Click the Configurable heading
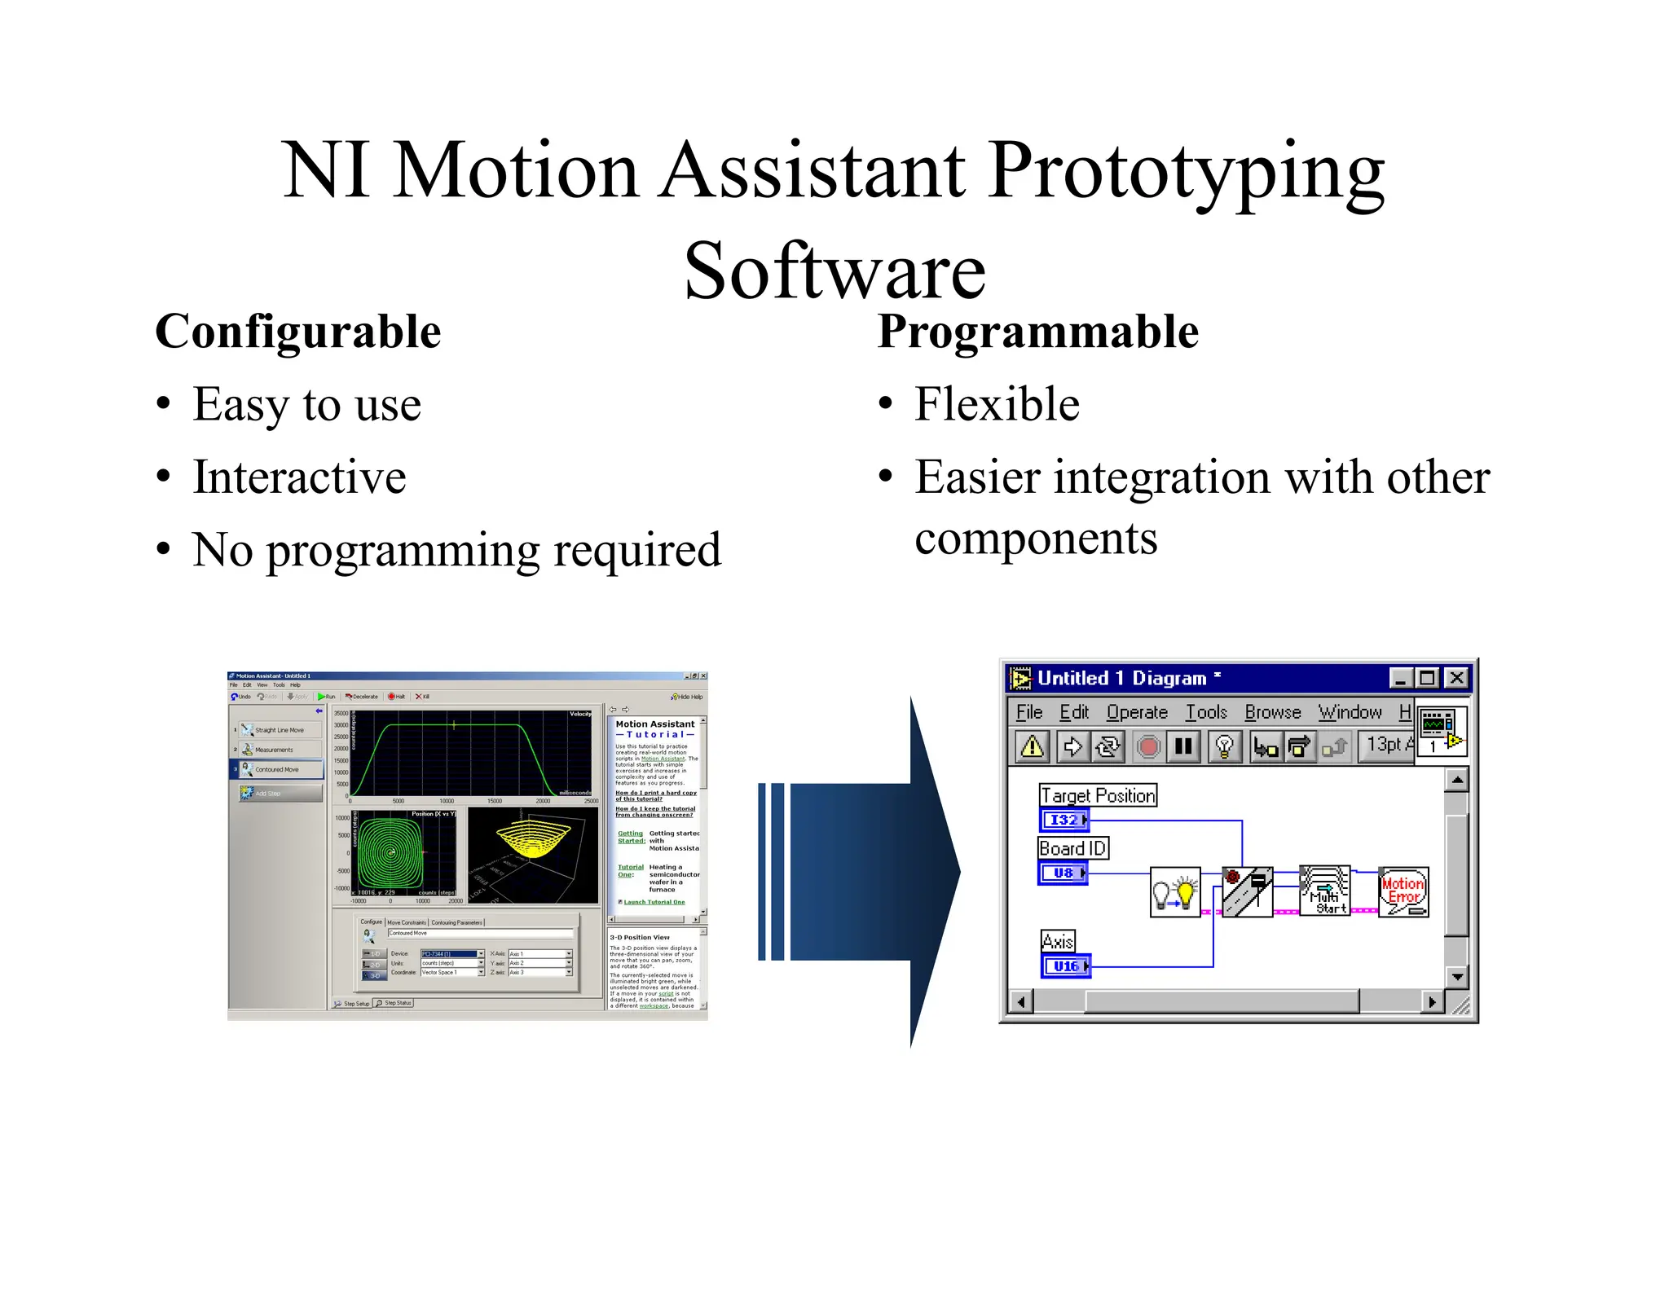297,332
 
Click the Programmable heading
1037,332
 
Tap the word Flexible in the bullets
996,404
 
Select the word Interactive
299,477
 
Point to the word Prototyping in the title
1187,171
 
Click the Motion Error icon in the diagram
1403,892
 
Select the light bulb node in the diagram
1175,892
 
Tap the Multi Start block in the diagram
1325,891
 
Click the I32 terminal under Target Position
1064,820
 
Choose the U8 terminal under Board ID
1063,873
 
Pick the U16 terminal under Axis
1065,966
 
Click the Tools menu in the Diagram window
1205,712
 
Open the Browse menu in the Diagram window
1272,712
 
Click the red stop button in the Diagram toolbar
1148,746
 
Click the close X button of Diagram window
1456,678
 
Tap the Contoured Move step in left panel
277,769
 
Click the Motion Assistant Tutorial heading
655,728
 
